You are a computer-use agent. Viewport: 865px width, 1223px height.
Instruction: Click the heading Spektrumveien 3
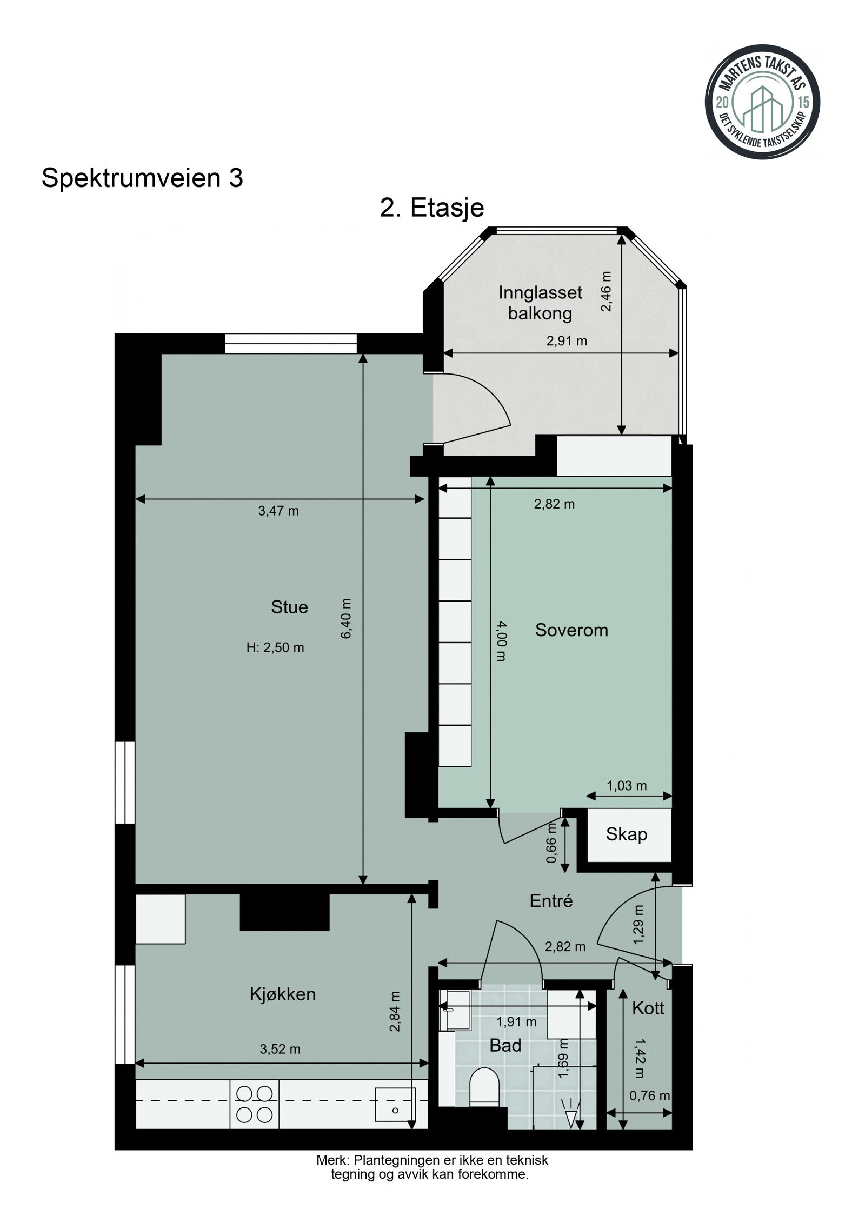142,178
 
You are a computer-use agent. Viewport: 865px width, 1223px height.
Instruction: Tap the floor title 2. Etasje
431,208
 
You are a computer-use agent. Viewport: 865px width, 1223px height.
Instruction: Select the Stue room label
289,607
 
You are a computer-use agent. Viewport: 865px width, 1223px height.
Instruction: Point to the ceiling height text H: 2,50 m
275,647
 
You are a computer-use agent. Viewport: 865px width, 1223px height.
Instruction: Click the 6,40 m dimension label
346,618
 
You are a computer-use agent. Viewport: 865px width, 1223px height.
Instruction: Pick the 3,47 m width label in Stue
278,511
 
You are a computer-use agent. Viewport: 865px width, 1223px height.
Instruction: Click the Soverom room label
571,630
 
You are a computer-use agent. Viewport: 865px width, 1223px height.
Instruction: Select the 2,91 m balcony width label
566,341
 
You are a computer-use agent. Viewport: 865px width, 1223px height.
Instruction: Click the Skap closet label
626,834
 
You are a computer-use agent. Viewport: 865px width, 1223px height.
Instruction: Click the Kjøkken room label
283,994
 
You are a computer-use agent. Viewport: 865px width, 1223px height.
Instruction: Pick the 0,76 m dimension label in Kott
649,1096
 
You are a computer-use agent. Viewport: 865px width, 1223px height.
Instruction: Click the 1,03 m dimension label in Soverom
627,786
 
